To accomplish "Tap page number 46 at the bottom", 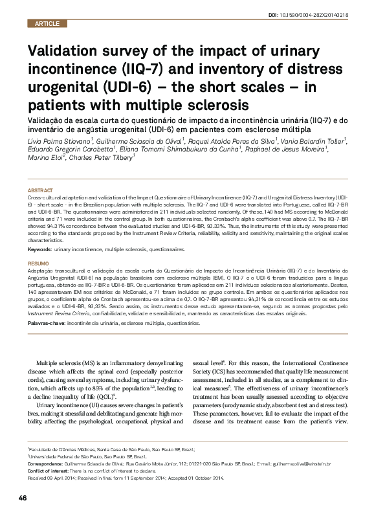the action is click(x=22, y=497).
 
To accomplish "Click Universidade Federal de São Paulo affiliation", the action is click(x=65, y=456).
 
